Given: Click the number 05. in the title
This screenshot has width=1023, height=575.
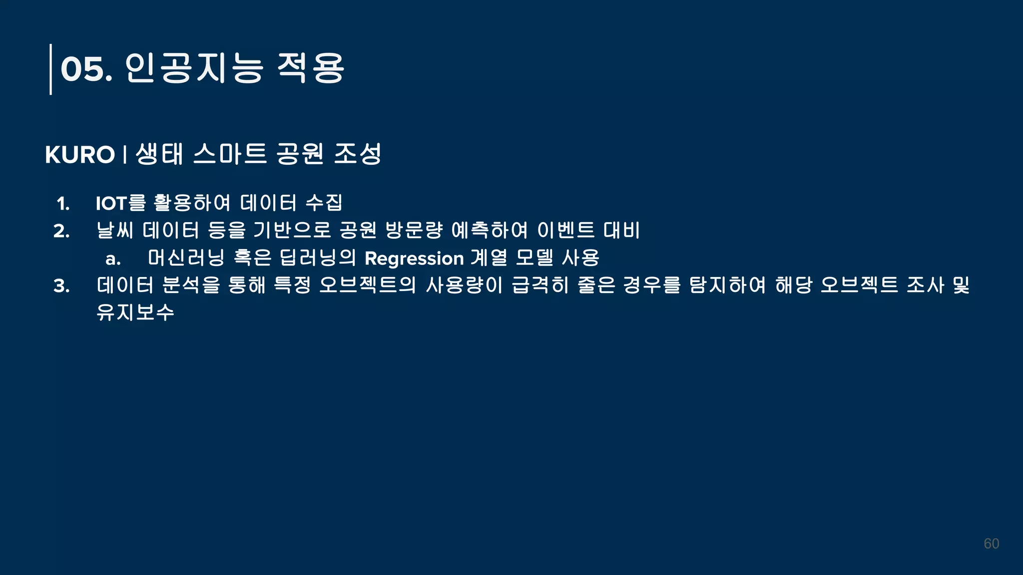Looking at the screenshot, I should pos(86,69).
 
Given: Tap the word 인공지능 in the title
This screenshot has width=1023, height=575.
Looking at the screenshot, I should pos(194,68).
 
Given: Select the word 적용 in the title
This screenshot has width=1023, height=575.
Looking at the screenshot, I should pos(310,68).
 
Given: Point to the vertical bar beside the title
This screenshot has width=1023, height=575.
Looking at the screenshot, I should pos(50,69).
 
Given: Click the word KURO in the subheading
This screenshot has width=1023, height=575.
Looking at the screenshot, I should pos(80,155).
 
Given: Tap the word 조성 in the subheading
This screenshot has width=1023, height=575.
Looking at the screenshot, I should pos(358,154).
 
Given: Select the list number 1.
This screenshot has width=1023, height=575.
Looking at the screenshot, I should pos(63,204).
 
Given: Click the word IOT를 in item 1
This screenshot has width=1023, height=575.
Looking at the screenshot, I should pos(120,203).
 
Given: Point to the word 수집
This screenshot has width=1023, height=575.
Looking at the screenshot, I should pos(324,203).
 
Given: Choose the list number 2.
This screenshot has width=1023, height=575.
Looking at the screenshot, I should pos(62,231).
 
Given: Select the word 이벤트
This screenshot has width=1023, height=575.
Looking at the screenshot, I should pos(566,230).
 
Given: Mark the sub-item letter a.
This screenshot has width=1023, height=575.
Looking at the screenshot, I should pos(113,259).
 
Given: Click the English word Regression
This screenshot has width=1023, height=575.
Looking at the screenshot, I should pos(414,259).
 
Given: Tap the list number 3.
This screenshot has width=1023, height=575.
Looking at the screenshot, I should pos(62,286).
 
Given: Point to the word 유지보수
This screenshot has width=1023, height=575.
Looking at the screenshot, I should pos(135,312).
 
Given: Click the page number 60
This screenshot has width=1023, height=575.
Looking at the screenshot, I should pos(991,544).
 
